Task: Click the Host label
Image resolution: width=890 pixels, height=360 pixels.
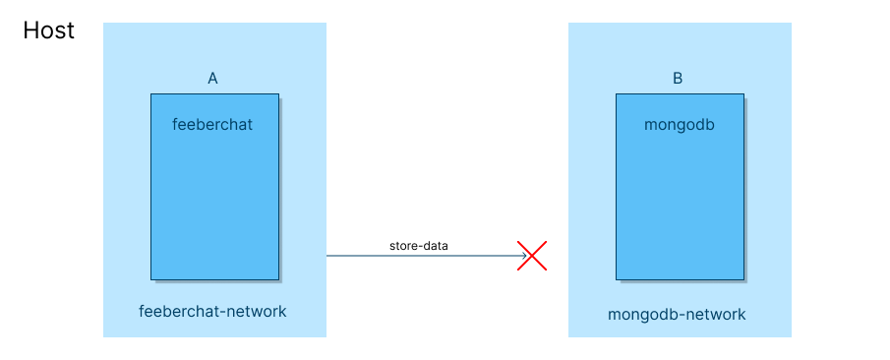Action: click(49, 30)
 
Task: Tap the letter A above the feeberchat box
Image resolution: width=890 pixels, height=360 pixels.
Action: click(212, 79)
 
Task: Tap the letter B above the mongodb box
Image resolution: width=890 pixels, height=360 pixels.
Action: click(678, 79)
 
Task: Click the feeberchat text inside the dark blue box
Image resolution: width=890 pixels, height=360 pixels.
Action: click(212, 125)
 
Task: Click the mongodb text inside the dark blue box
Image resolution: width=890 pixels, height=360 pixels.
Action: click(679, 125)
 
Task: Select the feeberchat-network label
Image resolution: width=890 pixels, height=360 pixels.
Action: click(212, 311)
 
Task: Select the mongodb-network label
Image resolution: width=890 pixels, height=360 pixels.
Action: click(677, 315)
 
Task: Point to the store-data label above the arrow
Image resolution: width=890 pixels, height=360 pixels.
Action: click(418, 245)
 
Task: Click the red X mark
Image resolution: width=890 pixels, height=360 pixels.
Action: click(532, 256)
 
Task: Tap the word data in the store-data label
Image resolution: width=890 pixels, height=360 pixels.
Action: click(435, 245)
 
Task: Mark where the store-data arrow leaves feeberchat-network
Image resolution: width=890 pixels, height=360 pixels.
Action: click(326, 256)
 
